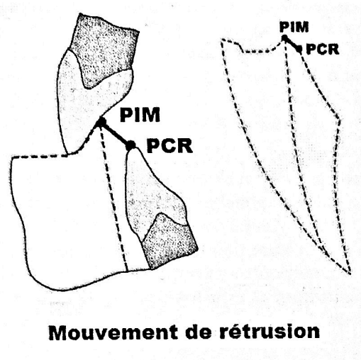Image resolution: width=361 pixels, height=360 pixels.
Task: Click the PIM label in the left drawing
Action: tap(140, 115)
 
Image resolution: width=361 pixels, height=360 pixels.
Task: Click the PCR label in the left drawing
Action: tap(170, 146)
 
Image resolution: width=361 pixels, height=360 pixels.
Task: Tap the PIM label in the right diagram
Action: tap(294, 27)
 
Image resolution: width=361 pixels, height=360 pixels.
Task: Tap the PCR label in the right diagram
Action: tap(323, 50)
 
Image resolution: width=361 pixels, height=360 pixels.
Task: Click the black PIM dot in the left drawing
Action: tap(101, 122)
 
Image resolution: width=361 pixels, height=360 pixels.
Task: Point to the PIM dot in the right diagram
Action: tap(284, 38)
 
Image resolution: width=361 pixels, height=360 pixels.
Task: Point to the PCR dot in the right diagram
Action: tap(299, 49)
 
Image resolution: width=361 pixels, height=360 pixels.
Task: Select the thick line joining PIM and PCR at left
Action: tap(116, 133)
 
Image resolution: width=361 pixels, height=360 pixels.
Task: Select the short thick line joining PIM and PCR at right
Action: tap(292, 43)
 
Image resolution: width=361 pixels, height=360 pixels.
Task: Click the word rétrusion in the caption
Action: tap(270, 332)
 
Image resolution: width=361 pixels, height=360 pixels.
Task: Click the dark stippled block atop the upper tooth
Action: tap(104, 48)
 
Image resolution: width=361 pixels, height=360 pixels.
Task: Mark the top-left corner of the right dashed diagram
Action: tap(222, 41)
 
